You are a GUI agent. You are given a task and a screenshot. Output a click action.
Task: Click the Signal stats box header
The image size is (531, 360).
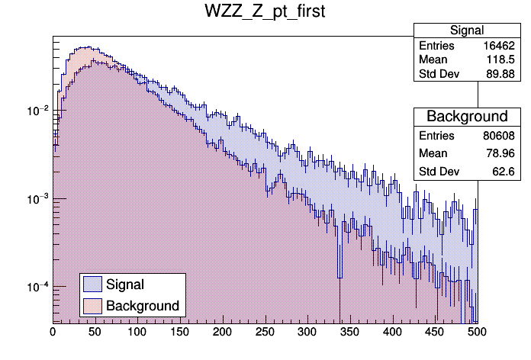click(x=467, y=31)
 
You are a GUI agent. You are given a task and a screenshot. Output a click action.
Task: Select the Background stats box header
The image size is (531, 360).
click(x=467, y=117)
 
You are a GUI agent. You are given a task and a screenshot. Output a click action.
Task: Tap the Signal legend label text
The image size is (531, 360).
click(x=125, y=284)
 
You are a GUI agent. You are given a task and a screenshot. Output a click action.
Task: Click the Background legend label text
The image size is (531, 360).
click(x=143, y=306)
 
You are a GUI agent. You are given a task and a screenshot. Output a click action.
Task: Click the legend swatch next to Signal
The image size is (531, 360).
click(x=92, y=284)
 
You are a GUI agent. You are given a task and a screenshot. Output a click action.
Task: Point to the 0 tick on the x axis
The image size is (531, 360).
click(x=53, y=333)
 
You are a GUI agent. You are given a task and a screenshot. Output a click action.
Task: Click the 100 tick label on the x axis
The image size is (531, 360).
click(x=137, y=333)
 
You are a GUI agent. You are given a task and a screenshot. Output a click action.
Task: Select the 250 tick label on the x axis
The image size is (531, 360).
click(x=265, y=333)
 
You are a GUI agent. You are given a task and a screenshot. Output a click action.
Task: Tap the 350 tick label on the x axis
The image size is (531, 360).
click(x=349, y=333)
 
